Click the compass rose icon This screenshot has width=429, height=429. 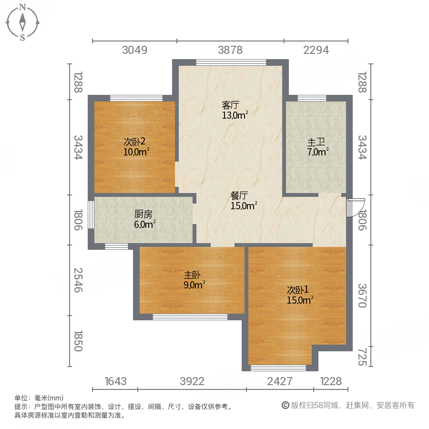(22, 22)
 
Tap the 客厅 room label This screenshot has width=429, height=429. (230, 104)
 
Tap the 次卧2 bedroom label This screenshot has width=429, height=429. (134, 142)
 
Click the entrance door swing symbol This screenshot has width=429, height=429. (354, 207)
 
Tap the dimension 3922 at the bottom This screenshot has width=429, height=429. (192, 381)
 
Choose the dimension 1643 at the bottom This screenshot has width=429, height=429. (115, 381)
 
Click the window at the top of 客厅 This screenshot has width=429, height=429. (231, 61)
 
